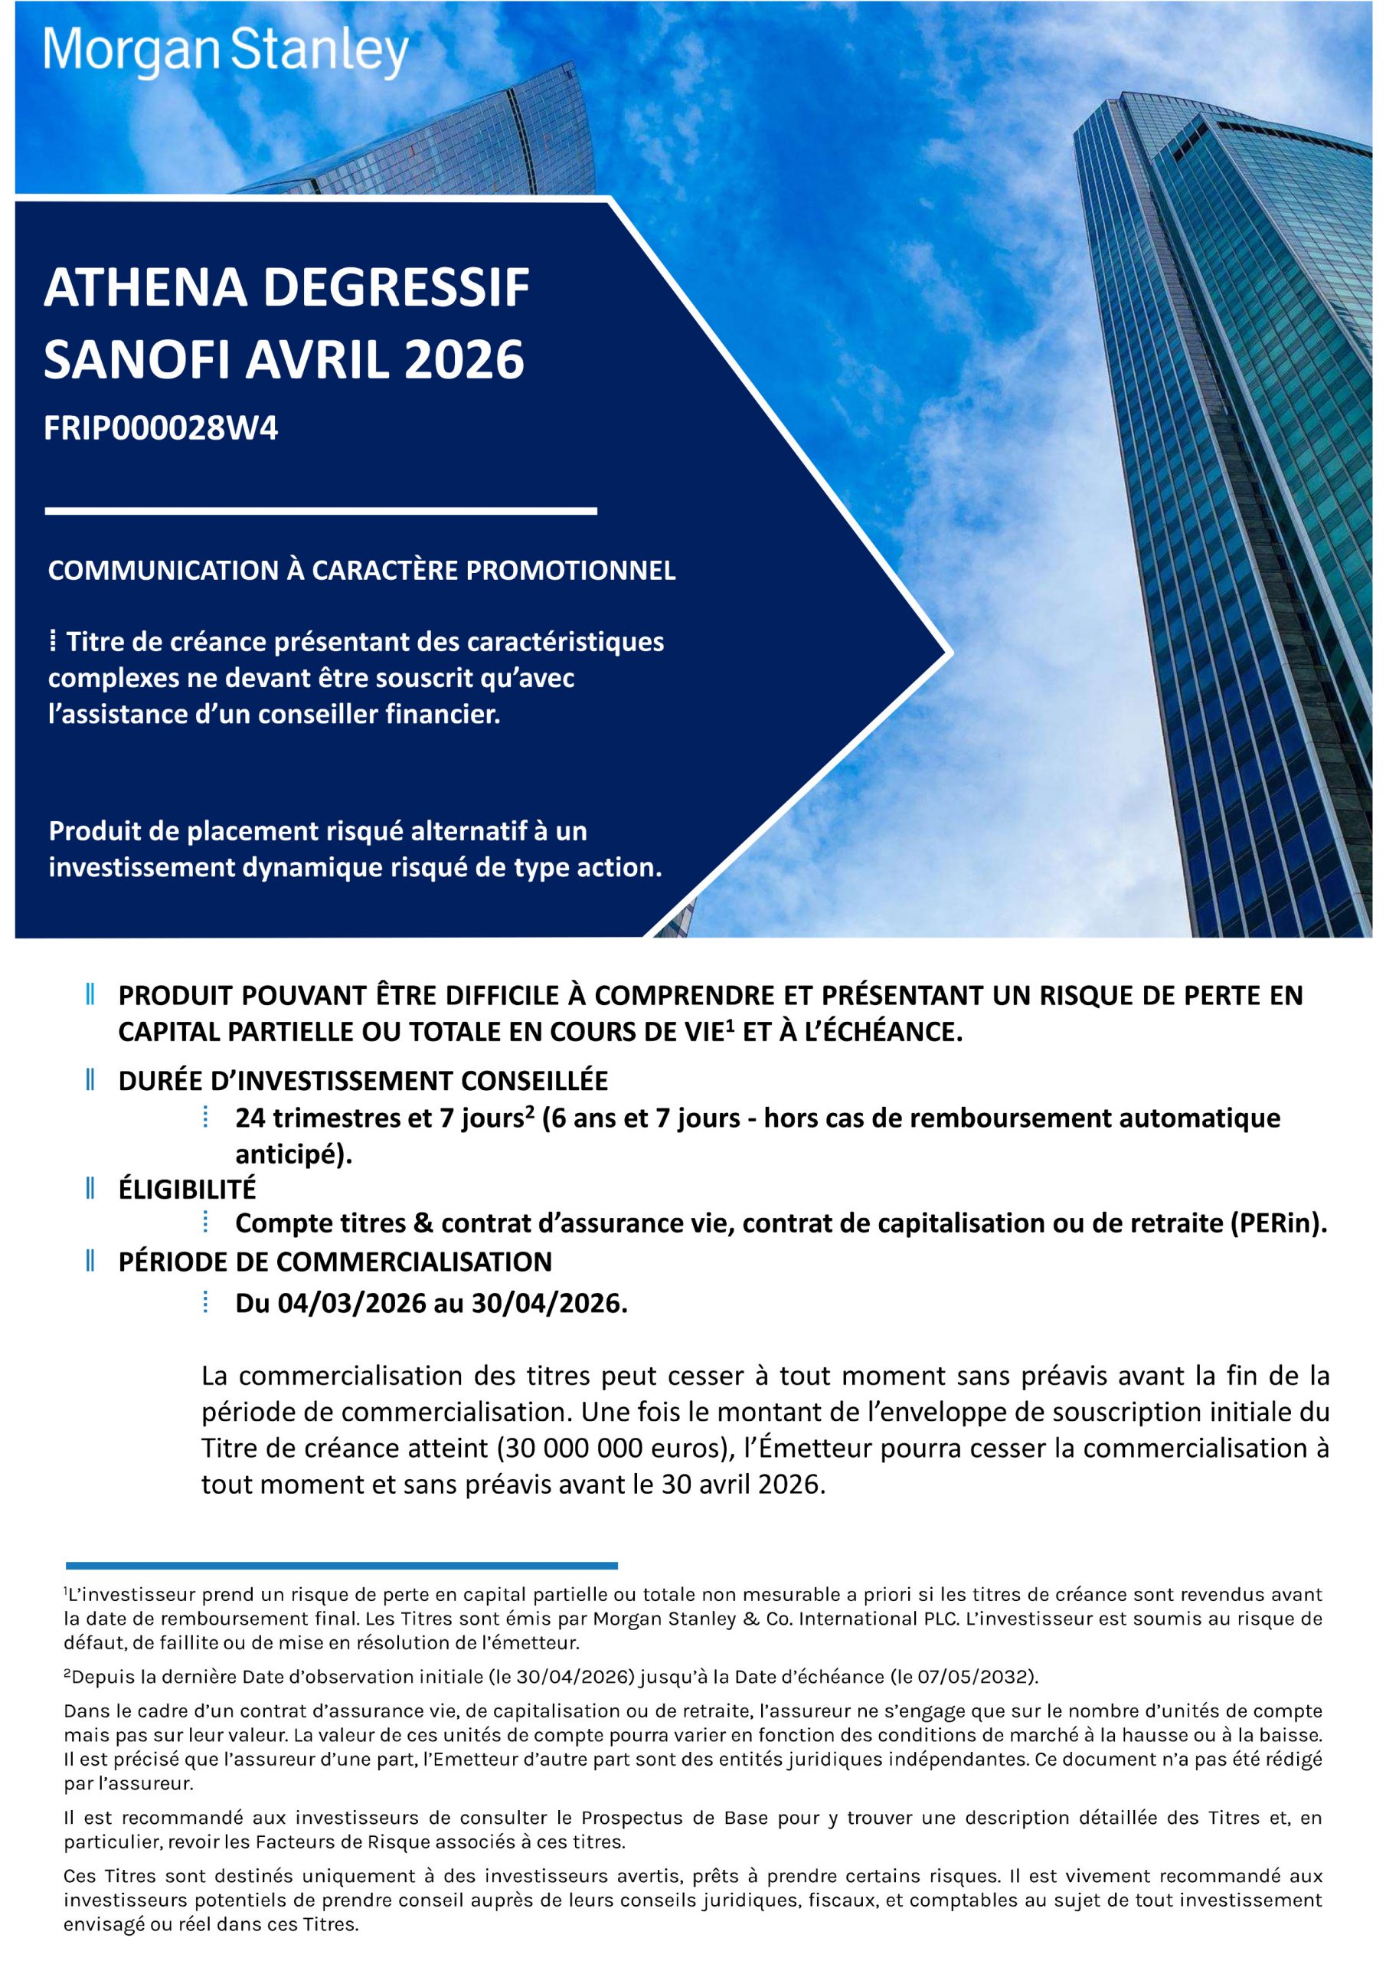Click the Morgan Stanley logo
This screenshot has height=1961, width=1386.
[x=227, y=54]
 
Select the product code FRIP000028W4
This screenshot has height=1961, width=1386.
[x=161, y=429]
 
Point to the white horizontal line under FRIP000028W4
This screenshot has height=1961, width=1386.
[x=320, y=511]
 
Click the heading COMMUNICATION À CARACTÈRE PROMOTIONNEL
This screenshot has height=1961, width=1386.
[x=361, y=571]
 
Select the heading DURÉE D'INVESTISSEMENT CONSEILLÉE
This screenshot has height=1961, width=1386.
[x=363, y=1080]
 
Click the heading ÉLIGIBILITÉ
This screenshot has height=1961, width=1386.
[x=187, y=1188]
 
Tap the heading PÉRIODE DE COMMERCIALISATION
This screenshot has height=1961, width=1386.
[x=335, y=1261]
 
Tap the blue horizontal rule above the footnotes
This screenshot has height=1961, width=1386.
[x=342, y=1566]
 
